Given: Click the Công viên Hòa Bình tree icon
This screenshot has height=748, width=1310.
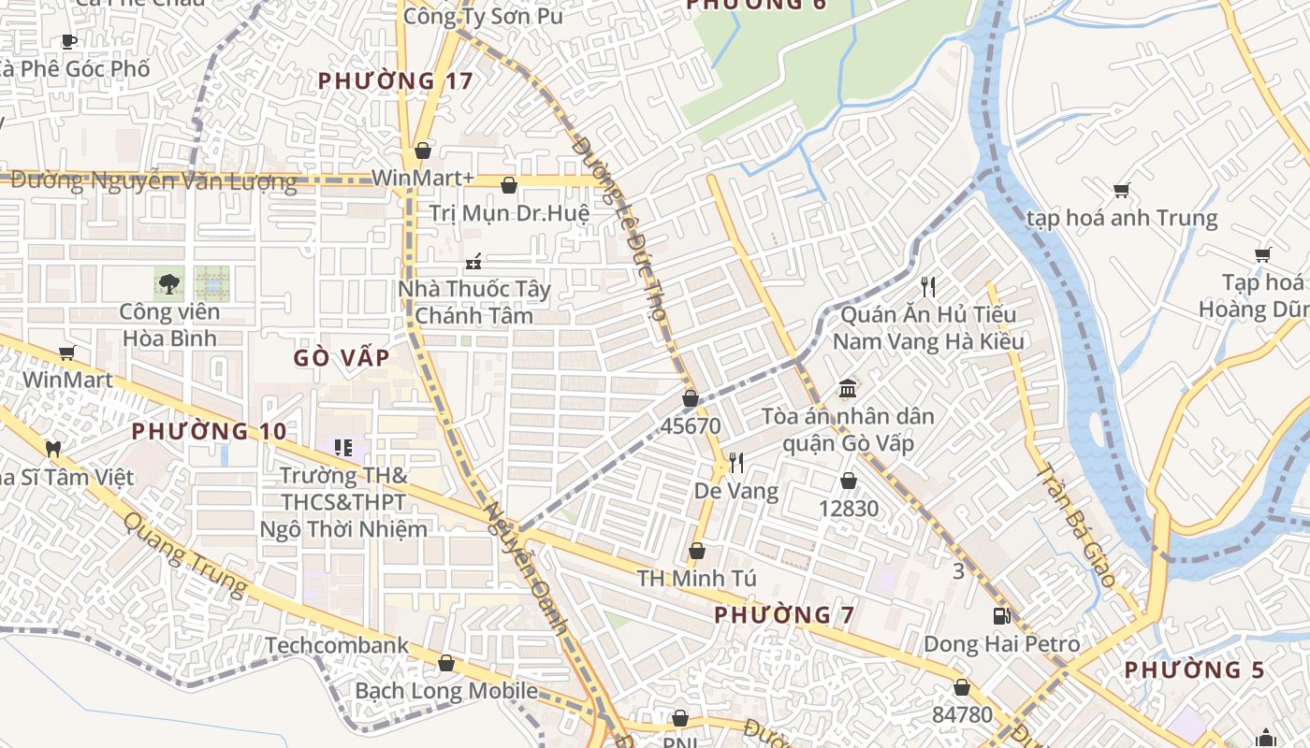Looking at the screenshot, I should [169, 282].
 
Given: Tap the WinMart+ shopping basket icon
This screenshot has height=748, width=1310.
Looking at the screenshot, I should [423, 151].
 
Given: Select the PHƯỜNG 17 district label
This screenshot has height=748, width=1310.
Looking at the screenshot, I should [395, 81].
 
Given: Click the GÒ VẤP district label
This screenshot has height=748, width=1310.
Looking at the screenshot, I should [342, 358].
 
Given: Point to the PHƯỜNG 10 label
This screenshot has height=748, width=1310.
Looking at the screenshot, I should [209, 432].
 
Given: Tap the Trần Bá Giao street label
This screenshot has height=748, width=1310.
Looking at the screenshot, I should [1076, 525].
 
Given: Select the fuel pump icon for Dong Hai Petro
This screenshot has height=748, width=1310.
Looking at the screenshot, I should [1001, 616].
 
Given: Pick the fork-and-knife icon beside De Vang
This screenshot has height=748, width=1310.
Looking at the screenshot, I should [736, 462].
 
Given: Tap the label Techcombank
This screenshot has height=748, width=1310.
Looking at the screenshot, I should [337, 645].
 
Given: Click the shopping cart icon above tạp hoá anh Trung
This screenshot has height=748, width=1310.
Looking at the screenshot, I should [1121, 191].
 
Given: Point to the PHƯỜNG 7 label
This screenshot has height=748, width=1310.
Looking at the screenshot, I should [784, 615].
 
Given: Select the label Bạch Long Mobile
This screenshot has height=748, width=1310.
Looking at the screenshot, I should [446, 692].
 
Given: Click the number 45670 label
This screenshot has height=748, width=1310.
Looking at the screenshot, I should [691, 426].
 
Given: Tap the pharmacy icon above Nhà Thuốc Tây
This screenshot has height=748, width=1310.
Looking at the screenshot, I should [474, 261].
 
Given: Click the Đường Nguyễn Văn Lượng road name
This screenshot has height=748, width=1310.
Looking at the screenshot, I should [153, 181].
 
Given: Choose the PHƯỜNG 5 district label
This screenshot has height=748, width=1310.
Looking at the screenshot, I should [1194, 670].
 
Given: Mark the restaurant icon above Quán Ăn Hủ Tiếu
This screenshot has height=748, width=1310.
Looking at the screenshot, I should [927, 286].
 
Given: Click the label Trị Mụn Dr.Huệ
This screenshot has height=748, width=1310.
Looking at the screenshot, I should [509, 213].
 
